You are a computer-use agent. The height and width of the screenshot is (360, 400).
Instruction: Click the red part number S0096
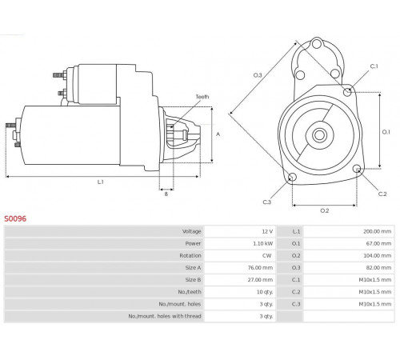pyautogui.click(x=15, y=218)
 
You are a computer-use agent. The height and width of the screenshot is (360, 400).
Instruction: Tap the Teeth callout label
pyautogui.click(x=202, y=97)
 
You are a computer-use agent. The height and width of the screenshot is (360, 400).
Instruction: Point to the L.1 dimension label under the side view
pyautogui.click(x=100, y=182)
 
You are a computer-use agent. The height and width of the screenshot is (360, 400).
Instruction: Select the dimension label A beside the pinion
pyautogui.click(x=218, y=134)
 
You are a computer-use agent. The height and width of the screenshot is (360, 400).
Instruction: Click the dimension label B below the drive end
pyautogui.click(x=166, y=194)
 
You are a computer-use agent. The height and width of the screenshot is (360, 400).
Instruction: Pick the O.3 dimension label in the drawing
pyautogui.click(x=258, y=75)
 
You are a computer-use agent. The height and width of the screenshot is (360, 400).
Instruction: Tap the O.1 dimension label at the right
pyautogui.click(x=386, y=132)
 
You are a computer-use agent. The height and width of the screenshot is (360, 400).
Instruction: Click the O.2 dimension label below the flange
pyautogui.click(x=325, y=210)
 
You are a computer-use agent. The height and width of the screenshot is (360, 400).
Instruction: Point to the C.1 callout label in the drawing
pyautogui.click(x=374, y=66)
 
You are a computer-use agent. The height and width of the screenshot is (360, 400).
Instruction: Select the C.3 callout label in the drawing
pyautogui.click(x=267, y=202)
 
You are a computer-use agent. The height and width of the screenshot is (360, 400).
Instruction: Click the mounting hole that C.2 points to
pyautogui.click(x=357, y=169)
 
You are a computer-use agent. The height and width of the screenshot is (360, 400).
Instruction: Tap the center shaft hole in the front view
pyautogui.click(x=319, y=135)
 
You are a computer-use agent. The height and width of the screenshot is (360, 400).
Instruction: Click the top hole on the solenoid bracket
pyautogui.click(x=317, y=43)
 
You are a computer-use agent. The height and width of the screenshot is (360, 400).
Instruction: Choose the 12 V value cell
pyautogui.click(x=267, y=231)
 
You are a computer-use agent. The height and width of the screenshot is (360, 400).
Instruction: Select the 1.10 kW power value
pyautogui.click(x=263, y=243)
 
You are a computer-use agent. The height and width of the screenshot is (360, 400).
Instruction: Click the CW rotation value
pyautogui.click(x=266, y=255)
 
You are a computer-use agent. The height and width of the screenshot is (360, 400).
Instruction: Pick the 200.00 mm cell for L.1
pyautogui.click(x=378, y=231)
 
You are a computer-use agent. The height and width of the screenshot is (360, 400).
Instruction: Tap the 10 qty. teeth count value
pyautogui.click(x=265, y=292)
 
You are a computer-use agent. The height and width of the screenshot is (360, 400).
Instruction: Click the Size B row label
pyautogui.click(x=193, y=280)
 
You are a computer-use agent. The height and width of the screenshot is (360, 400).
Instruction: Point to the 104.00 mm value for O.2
pyautogui.click(x=378, y=255)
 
